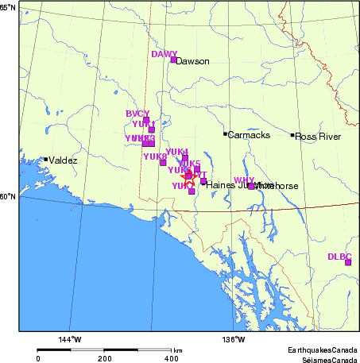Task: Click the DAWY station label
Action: pos(164,54)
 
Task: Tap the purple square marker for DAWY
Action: pos(173,60)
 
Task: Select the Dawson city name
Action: pos(192,61)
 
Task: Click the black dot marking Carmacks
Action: pos(225,133)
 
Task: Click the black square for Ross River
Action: pos(292,135)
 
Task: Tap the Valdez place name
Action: pos(64,160)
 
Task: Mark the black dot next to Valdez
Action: pos(46,160)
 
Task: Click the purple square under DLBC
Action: pos(348,262)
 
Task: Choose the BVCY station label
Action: pos(137,114)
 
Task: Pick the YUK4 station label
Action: pos(176,151)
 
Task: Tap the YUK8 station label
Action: pos(154,156)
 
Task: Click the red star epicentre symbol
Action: pos(188,176)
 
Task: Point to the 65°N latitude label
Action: pos(9,7)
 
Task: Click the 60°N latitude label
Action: pos(9,196)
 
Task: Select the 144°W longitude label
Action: pos(70,340)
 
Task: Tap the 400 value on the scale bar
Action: pos(171,359)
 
